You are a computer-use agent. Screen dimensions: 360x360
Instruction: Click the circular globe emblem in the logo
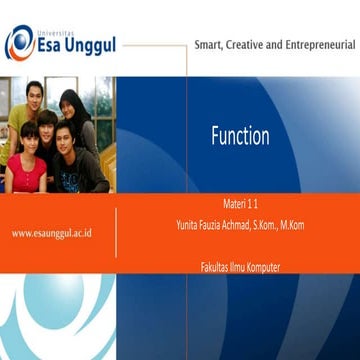coord(19,43)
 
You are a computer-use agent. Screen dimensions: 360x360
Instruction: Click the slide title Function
coord(239,138)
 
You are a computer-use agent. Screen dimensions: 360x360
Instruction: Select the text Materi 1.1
coord(241,203)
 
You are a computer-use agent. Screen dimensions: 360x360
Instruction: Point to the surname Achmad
coord(241,225)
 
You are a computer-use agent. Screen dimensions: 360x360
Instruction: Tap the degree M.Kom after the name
coord(292,225)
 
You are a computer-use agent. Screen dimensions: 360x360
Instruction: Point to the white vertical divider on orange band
coord(117,233)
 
